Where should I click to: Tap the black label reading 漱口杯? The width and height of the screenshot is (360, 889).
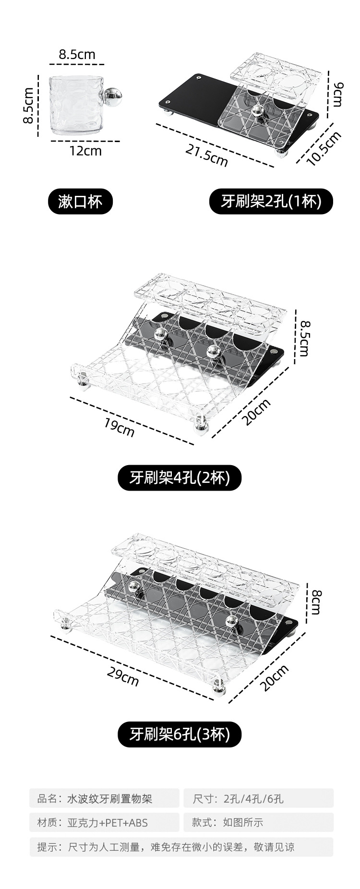pyautogui.click(x=80, y=201)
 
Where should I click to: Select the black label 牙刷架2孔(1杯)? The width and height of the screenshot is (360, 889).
pyautogui.click(x=271, y=201)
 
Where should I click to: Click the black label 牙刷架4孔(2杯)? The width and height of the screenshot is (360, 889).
pyautogui.click(x=180, y=478)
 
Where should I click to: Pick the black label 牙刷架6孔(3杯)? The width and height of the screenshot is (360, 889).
pyautogui.click(x=180, y=734)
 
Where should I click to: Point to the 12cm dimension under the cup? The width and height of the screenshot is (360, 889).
pyautogui.click(x=85, y=151)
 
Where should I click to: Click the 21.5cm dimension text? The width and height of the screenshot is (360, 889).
pyautogui.click(x=207, y=156)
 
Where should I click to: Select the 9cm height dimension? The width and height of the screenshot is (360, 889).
pyautogui.click(x=337, y=94)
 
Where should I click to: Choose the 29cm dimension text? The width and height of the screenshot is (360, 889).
pyautogui.click(x=123, y=677)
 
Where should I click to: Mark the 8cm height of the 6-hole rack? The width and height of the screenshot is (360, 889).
pyautogui.click(x=316, y=602)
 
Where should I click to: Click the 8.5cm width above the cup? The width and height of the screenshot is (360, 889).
pyautogui.click(x=77, y=55)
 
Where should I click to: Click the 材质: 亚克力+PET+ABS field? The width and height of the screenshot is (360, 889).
pyautogui.click(x=104, y=822)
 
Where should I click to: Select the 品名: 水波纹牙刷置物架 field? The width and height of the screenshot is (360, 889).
pyautogui.click(x=104, y=799)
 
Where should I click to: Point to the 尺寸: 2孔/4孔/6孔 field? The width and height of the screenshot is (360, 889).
pyautogui.click(x=258, y=799)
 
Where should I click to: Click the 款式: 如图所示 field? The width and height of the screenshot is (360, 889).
pyautogui.click(x=258, y=822)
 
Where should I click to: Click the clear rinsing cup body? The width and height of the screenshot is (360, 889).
pyautogui.click(x=74, y=105)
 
